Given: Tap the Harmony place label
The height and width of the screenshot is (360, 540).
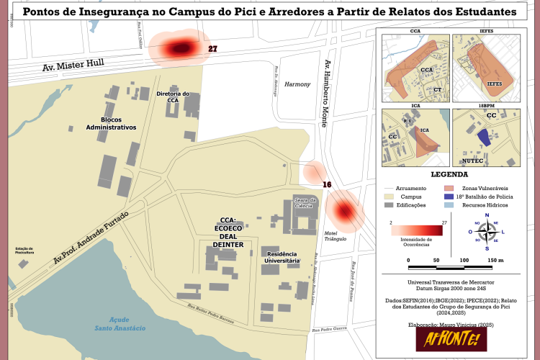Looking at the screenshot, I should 297,84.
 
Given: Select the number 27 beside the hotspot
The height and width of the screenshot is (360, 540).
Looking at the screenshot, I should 212,49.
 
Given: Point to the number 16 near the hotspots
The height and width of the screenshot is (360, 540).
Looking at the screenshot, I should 327,185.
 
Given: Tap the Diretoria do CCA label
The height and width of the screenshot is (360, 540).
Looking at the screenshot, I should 173,97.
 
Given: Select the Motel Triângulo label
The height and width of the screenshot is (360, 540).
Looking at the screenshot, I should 336,235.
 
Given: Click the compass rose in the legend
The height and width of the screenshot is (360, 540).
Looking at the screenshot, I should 487,230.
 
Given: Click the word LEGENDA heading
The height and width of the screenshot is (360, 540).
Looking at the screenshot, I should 449,174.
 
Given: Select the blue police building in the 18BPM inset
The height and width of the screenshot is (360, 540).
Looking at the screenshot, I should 485,138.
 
